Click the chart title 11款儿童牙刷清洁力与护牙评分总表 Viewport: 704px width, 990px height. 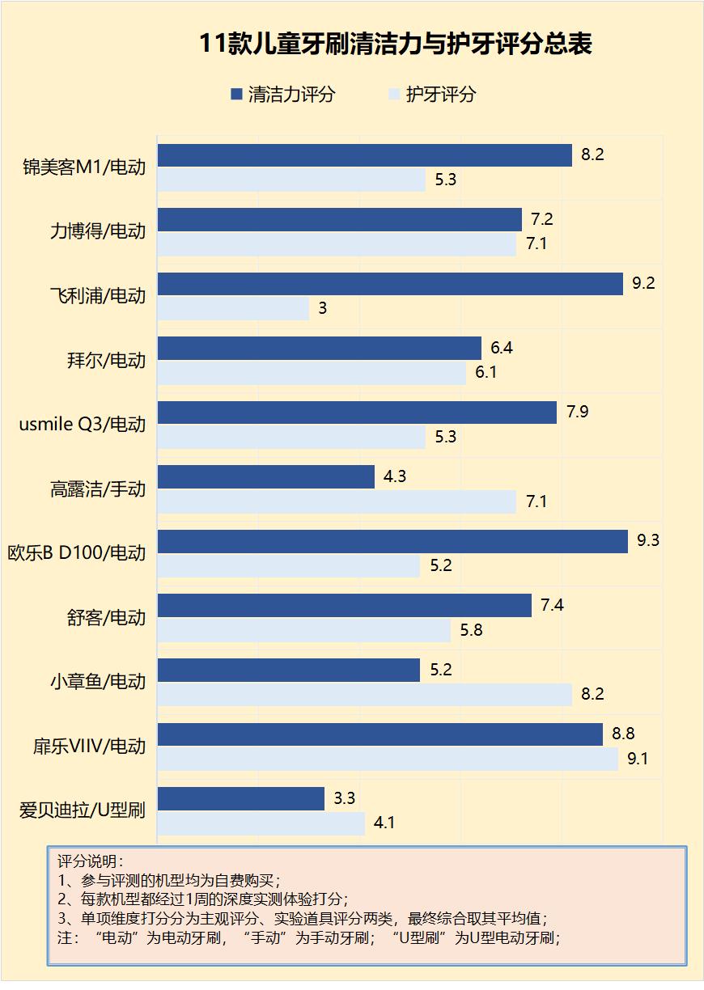click(396, 44)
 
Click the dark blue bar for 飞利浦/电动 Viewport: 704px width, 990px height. click(389, 284)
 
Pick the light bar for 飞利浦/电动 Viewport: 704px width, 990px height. click(233, 308)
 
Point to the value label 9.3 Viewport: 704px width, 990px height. click(648, 541)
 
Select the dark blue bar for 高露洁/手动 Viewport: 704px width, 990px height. click(265, 476)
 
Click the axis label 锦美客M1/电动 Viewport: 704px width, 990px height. click(84, 167)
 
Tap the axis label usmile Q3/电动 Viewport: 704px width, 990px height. click(82, 424)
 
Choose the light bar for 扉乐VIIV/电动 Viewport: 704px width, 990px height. click(387, 759)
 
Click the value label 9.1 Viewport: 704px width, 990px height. click(638, 759)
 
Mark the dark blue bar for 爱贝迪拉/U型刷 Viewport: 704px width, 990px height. click(240, 798)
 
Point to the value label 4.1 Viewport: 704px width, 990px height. click(384, 823)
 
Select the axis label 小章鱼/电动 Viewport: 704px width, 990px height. click(97, 682)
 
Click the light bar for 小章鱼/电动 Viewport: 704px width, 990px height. click(364, 694)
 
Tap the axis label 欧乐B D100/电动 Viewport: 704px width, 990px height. click(76, 553)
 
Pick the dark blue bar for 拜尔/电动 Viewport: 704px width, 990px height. click(319, 348)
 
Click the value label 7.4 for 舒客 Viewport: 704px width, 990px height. click(552, 606)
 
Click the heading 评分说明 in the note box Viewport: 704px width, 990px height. click(88, 860)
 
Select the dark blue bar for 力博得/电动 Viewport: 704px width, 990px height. click(339, 219)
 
